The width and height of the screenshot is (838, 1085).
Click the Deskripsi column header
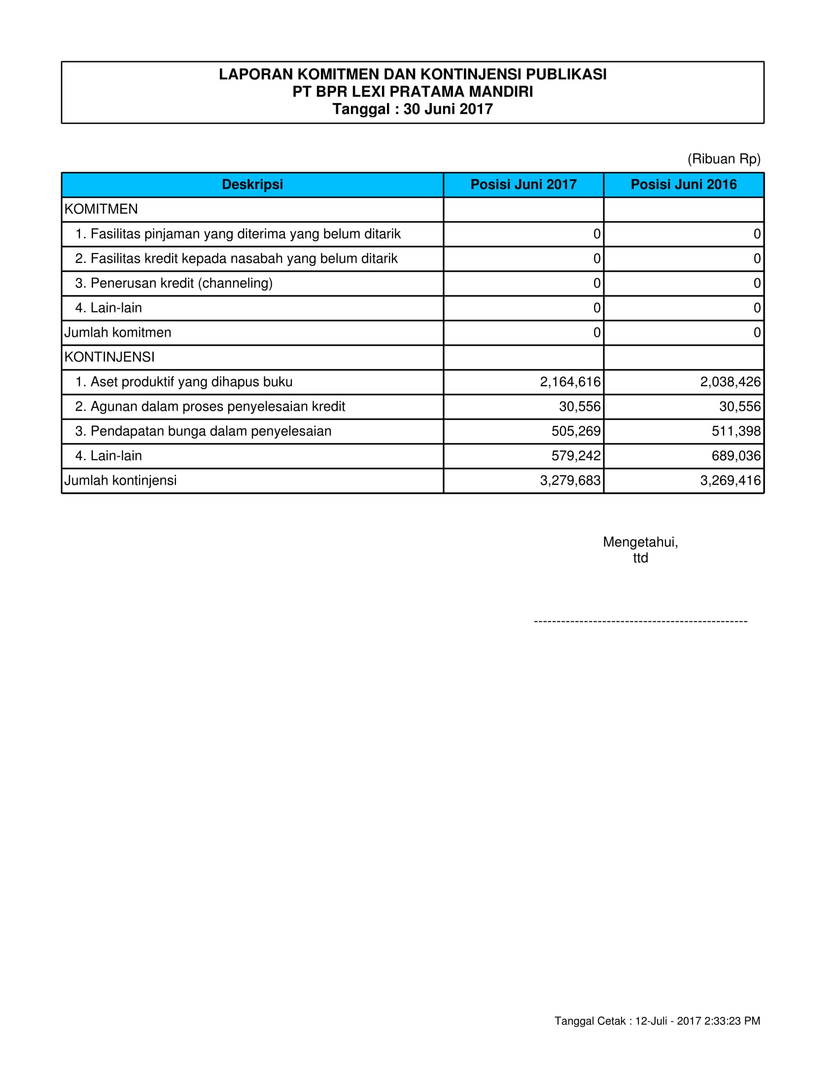[252, 184]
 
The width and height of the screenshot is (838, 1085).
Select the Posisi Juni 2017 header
[523, 184]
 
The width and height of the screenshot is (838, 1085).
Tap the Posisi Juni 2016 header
[684, 184]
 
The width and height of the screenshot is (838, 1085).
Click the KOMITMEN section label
[101, 209]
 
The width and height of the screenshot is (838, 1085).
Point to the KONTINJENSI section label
[110, 357]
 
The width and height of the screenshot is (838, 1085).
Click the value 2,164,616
[570, 382]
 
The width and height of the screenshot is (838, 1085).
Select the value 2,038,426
[730, 382]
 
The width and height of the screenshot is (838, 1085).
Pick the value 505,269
[576, 431]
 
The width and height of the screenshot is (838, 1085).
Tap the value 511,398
[736, 431]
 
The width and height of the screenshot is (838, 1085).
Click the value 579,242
[576, 456]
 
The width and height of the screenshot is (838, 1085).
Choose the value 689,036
[736, 456]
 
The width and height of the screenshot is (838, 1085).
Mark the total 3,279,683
[570, 480]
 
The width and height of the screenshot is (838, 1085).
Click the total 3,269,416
[730, 480]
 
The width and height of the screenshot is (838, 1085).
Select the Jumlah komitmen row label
[118, 332]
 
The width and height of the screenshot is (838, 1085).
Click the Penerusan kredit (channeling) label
[174, 283]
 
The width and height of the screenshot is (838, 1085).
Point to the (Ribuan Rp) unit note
[724, 159]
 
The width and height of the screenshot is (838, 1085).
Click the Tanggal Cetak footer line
[657, 1021]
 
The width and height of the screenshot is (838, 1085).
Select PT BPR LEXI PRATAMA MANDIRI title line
[413, 92]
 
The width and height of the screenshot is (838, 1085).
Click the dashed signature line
[640, 621]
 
